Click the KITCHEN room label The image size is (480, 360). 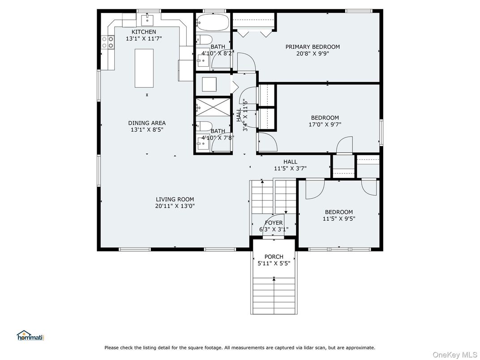click(144, 32)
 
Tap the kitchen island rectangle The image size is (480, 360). click(144, 68)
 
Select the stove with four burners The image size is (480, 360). click(108, 42)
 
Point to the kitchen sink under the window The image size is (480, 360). click(147, 20)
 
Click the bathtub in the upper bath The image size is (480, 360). click(212, 22)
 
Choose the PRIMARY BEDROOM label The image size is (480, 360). click(313, 47)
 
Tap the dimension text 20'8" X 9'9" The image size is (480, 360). click(313, 54)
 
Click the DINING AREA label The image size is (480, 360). click(147, 123)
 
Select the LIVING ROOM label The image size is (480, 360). click(175, 199)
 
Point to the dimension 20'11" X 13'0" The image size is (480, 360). click(175, 206)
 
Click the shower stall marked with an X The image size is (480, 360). click(213, 107)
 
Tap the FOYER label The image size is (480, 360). click(274, 223)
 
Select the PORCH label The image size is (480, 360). click(274, 257)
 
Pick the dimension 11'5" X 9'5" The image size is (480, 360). click(339, 219)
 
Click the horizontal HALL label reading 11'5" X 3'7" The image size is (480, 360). click(290, 165)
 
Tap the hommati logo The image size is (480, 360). click(30, 335)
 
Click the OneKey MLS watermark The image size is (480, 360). click(454, 355)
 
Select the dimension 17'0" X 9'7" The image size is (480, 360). click(325, 124)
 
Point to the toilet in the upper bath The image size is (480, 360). click(204, 39)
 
